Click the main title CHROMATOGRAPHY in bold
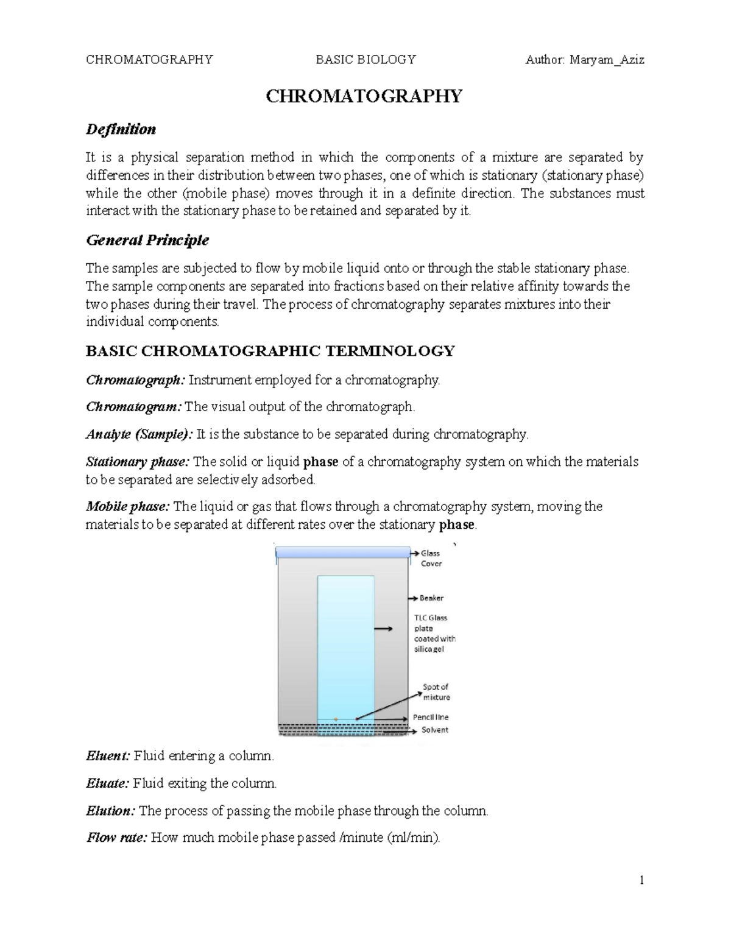point(364,96)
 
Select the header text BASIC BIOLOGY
point(365,60)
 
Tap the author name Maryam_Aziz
point(607,60)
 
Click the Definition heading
point(121,129)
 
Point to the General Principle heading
point(147,240)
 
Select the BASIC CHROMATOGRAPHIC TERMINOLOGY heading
point(270,351)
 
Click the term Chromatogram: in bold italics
point(134,407)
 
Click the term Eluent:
point(108,757)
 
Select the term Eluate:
point(107,783)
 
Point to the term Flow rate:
point(116,838)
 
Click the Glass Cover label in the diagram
point(431,559)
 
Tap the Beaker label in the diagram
point(431,598)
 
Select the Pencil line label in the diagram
point(431,718)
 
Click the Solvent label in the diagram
point(434,730)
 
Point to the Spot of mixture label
point(436,692)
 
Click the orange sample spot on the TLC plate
point(336,719)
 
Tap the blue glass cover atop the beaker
point(342,552)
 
